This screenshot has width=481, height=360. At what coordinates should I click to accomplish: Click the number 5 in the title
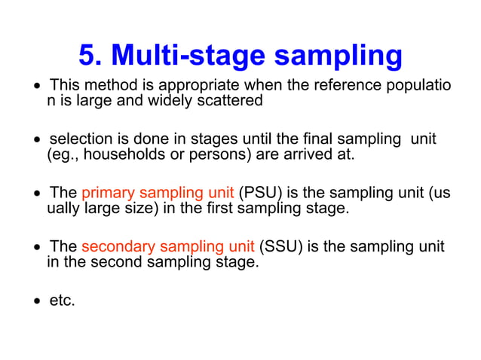pos(89,56)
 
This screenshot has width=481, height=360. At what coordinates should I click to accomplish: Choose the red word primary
pos(104,194)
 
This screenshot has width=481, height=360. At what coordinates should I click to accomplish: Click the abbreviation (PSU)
pos(262,193)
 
